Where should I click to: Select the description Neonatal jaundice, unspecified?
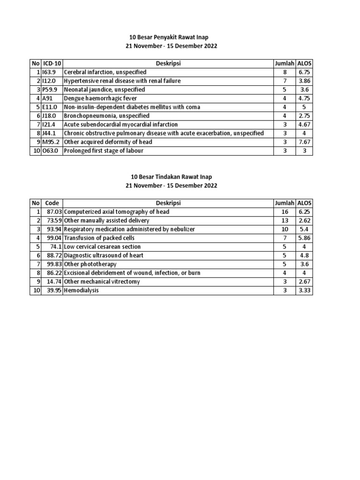[x=104, y=90]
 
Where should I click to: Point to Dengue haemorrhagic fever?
[x=97, y=98]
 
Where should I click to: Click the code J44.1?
[x=49, y=133]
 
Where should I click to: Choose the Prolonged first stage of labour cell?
[x=104, y=150]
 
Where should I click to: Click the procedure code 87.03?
[x=55, y=212]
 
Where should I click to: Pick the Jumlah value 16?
[x=284, y=212]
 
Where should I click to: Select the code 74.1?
[x=57, y=247]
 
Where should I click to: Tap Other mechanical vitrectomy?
[x=102, y=282]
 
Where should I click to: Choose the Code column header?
[x=52, y=203]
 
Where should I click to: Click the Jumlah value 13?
[x=284, y=220]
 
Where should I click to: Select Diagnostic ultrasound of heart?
[x=104, y=255]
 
